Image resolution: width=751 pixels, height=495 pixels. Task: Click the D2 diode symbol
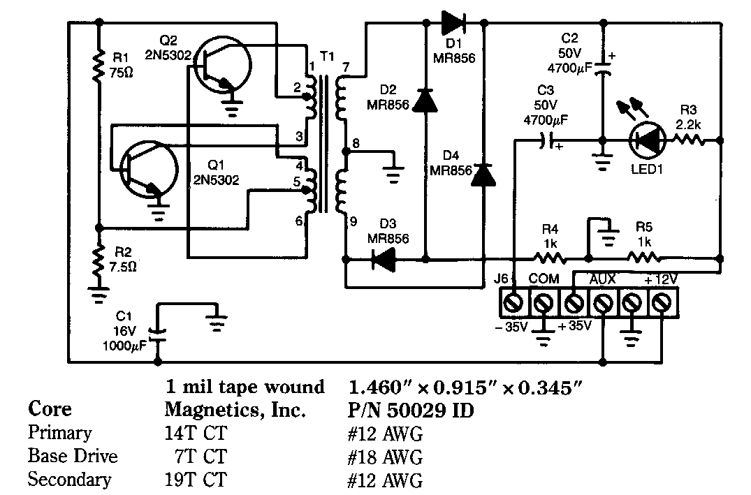[x=425, y=101]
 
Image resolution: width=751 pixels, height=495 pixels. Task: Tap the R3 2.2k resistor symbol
[x=694, y=140]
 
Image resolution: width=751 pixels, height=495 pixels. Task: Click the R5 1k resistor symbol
[x=644, y=259]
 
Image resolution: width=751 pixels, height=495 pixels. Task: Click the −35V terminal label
[x=509, y=326]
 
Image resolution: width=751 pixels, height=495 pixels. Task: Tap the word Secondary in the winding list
[x=69, y=480]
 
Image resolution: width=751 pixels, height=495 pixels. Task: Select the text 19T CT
[x=196, y=480]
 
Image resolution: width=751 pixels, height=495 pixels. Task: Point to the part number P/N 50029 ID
[x=411, y=411]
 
